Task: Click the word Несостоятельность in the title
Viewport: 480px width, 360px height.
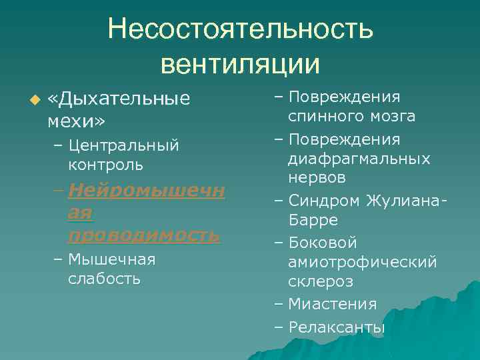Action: [x=240, y=29]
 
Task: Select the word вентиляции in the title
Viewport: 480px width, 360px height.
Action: [x=240, y=63]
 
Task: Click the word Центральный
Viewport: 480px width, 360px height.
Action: [x=123, y=145]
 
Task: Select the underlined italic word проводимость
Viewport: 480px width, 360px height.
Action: [x=143, y=235]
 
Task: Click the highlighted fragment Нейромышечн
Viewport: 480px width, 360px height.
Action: [x=146, y=191]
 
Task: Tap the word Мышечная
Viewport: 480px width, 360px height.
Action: [x=111, y=259]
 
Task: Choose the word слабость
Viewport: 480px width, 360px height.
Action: [x=104, y=278]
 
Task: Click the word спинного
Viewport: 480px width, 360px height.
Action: [x=322, y=117]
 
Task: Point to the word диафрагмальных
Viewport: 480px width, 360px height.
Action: [x=359, y=159]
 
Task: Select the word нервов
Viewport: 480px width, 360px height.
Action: [x=317, y=179]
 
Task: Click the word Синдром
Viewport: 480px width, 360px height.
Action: [x=324, y=200]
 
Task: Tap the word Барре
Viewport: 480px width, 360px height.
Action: [x=313, y=219]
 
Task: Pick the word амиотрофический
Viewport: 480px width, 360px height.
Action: [x=363, y=262]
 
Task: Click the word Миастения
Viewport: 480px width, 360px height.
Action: [x=332, y=304]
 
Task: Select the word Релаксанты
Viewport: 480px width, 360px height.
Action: [x=337, y=327]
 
